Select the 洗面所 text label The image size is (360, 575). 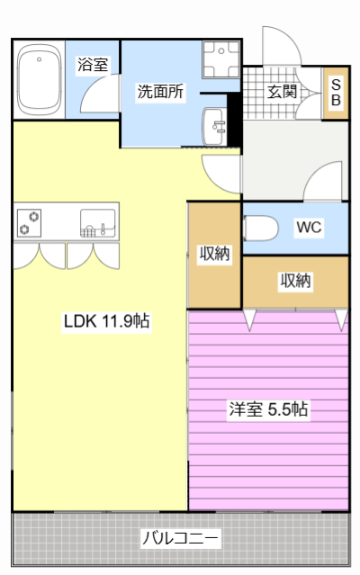[x=160, y=92]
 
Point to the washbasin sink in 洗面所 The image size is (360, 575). [x=216, y=124]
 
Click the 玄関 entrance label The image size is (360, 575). [x=282, y=91]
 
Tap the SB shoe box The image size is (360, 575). [x=336, y=93]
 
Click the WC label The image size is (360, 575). [x=310, y=228]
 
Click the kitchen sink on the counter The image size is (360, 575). [x=97, y=221]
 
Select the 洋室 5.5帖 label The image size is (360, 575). [x=268, y=409]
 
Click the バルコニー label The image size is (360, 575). [x=180, y=539]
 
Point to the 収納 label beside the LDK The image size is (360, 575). [x=214, y=254]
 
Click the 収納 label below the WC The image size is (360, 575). [x=295, y=281]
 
